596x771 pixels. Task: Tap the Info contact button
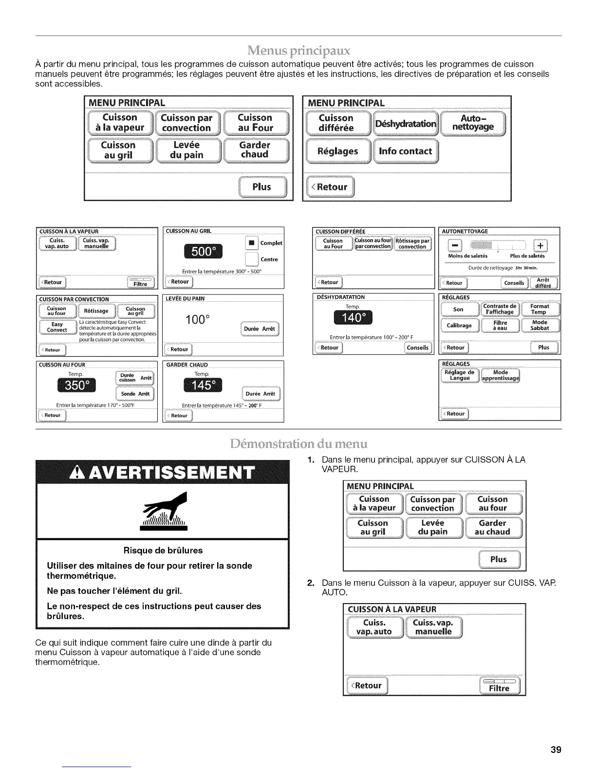[405, 151]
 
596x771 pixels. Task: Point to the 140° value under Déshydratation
[353, 318]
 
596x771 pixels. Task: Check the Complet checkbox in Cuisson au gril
[251, 242]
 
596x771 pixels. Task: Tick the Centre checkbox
[251, 258]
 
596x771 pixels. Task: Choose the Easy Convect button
[57, 327]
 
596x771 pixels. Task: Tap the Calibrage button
[459, 325]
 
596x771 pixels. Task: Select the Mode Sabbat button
[540, 325]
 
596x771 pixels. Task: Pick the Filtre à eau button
[500, 325]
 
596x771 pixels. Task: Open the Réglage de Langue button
[460, 375]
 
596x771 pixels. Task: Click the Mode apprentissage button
[501, 375]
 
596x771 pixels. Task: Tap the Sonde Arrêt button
[135, 394]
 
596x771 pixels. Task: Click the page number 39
[556, 750]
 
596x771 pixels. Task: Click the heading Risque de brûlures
[163, 551]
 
